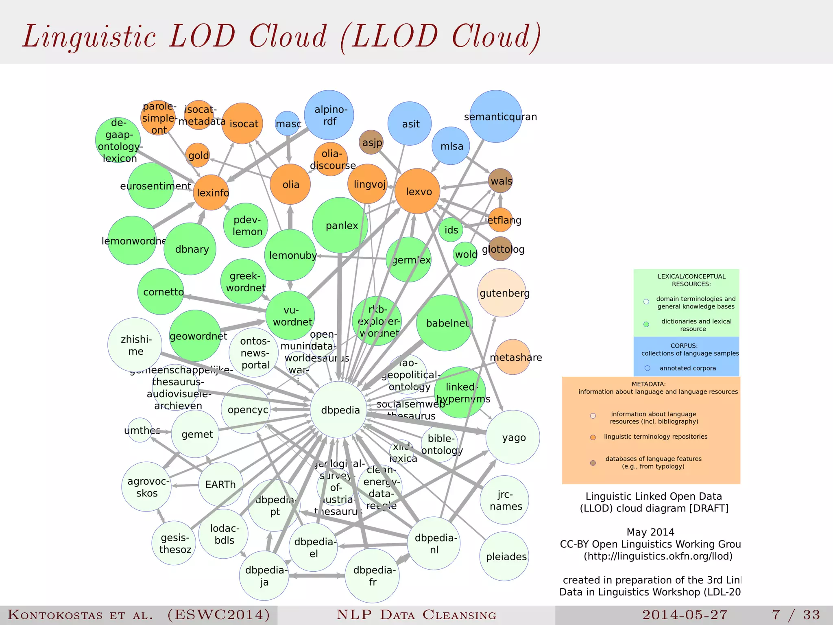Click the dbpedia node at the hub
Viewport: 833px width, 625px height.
point(338,410)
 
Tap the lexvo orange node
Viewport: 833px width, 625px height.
point(417,191)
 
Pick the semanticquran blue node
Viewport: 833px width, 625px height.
point(496,116)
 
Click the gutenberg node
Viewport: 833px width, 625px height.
point(502,293)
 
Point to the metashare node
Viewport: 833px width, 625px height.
point(513,357)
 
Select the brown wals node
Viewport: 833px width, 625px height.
point(500,181)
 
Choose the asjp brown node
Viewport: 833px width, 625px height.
point(371,142)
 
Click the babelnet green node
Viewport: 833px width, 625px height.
point(445,323)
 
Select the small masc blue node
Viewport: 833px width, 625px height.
point(288,123)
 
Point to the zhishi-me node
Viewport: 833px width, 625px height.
point(135,345)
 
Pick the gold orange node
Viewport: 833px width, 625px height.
point(198,155)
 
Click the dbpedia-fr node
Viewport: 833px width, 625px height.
point(372,576)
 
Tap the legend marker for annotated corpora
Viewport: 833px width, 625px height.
point(648,368)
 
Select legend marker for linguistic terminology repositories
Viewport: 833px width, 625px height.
point(593,437)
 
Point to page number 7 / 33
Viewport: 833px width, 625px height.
point(796,615)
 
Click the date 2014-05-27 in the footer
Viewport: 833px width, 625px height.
point(685,615)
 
